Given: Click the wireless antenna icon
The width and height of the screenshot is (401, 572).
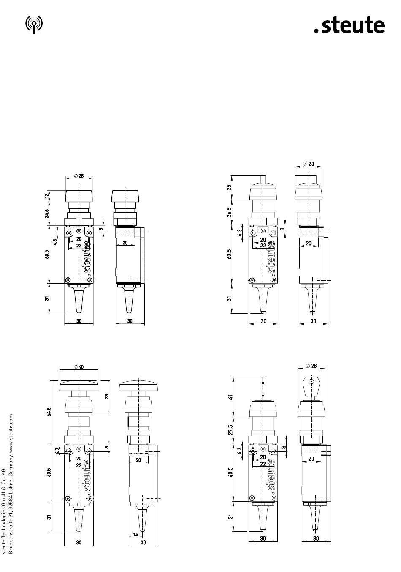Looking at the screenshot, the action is coord(34,25).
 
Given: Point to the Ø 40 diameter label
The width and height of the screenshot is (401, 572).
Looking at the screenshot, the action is coord(79,367).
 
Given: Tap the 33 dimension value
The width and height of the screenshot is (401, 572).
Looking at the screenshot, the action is coord(107,396).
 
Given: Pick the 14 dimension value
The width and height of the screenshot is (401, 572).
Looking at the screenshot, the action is coord(135,534).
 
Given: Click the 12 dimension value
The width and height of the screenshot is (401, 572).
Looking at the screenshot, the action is coord(47,196).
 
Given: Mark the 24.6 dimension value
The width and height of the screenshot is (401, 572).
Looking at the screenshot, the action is coord(47,213).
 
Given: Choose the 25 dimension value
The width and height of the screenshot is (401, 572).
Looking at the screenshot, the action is coord(230,187).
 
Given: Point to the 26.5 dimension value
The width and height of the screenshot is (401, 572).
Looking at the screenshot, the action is coord(230,212).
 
